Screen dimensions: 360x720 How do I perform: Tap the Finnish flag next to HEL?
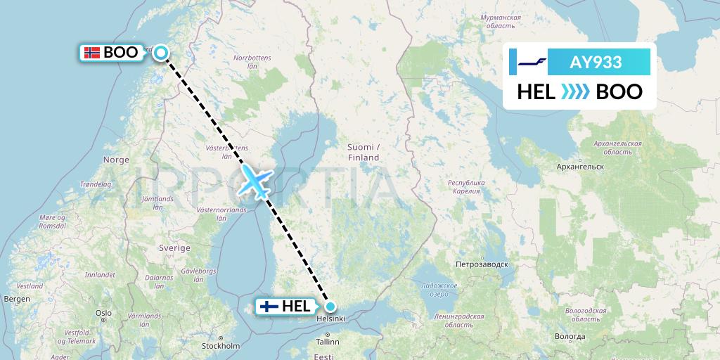pyautogui.click(x=269, y=307)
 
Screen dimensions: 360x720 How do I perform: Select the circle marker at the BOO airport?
pyautogui.click(x=161, y=52)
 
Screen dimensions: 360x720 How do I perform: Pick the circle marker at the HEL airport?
pyautogui.click(x=330, y=307)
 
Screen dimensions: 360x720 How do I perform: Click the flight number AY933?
pyautogui.click(x=596, y=62)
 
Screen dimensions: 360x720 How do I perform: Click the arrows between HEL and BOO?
pyautogui.click(x=575, y=91)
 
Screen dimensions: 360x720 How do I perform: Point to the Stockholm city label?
pyautogui.click(x=221, y=346)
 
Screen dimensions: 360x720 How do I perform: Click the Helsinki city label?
pyautogui.click(x=331, y=319)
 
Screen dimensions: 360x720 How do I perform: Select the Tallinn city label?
pyautogui.click(x=328, y=342)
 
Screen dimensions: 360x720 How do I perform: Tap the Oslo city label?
pyautogui.click(x=104, y=313)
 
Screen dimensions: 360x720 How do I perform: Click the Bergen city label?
pyautogui.click(x=16, y=299)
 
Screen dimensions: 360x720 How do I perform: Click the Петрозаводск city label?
pyautogui.click(x=481, y=265)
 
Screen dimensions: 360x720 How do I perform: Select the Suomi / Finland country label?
pyautogui.click(x=363, y=152)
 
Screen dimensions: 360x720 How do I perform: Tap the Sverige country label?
pyautogui.click(x=175, y=248)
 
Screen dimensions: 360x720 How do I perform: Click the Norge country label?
pyautogui.click(x=116, y=160)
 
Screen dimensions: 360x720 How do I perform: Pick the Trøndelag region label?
pyautogui.click(x=96, y=184)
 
